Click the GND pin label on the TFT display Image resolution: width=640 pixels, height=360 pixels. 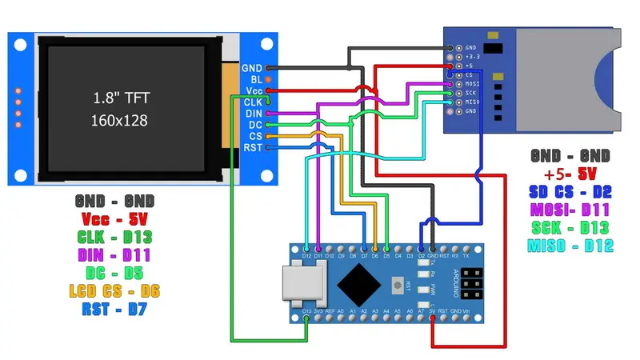point(252,68)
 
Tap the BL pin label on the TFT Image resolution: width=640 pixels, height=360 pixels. point(256,80)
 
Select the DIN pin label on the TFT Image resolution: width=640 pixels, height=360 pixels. point(253,114)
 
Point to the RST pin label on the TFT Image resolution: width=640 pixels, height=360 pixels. point(253,149)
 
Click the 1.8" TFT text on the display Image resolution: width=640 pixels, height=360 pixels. point(118,98)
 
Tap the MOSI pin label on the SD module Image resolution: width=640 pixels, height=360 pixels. point(471,82)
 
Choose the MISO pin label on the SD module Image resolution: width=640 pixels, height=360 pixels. point(471,102)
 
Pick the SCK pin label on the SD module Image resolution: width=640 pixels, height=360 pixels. point(470,92)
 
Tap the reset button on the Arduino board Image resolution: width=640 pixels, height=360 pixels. point(397,285)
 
